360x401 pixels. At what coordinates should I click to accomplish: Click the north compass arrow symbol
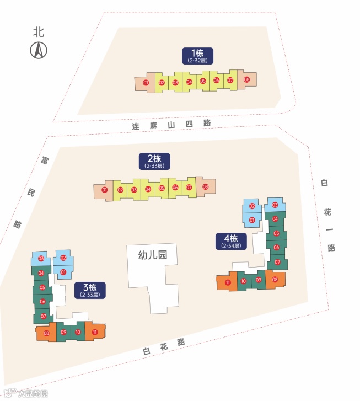[x=39, y=51]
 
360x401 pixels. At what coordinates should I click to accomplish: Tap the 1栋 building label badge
[x=197, y=55]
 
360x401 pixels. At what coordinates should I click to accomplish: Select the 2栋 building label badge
[x=154, y=161]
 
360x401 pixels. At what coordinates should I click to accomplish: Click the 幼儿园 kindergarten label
[x=152, y=255]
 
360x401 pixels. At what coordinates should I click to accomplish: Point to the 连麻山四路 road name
[x=171, y=125]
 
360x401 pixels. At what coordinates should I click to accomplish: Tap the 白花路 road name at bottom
[x=164, y=346]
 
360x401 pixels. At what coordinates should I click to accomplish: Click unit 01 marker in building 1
[x=146, y=83]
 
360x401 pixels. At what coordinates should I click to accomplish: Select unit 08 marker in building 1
[x=246, y=80]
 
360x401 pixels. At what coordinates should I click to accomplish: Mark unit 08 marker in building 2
[x=205, y=187]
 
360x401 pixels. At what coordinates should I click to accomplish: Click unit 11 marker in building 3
[x=95, y=332]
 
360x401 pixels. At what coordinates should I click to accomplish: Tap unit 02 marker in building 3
[x=63, y=258]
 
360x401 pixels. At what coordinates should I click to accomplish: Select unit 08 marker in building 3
[x=46, y=333]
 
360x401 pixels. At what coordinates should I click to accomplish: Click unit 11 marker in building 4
[x=228, y=283]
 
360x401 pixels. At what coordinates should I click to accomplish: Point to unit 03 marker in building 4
[x=275, y=206]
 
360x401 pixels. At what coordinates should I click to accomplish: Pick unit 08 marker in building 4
[x=275, y=280]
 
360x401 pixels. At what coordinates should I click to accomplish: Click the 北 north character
[x=39, y=32]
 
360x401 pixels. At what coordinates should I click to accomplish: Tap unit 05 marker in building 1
[x=203, y=81]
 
